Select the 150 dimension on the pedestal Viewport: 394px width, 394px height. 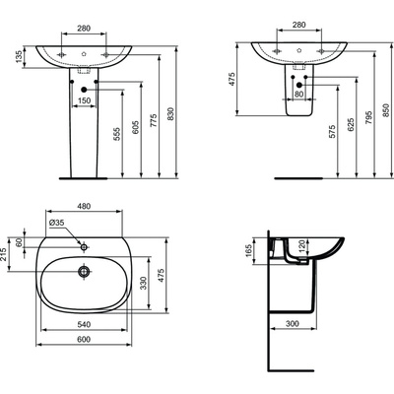click(86, 99)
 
